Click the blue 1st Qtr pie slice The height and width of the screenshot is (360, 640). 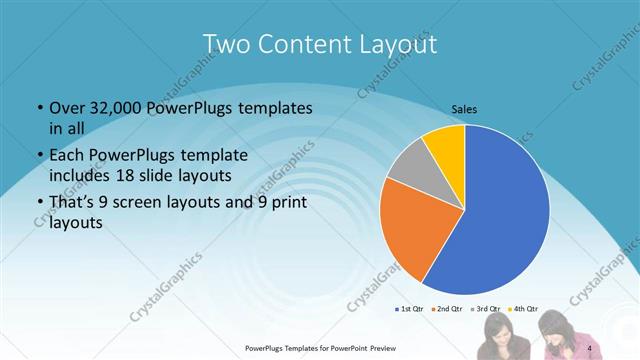tap(500, 210)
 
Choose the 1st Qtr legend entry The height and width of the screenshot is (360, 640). tap(412, 309)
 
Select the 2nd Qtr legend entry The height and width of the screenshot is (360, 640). tap(447, 309)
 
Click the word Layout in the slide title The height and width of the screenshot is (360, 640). tap(392, 44)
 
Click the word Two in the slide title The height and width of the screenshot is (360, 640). tap(225, 44)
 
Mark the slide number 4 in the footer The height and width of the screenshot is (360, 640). tap(590, 348)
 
